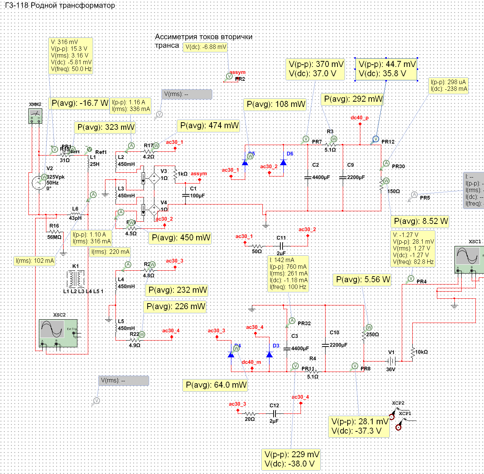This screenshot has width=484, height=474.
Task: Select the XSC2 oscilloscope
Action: pyautogui.click(x=58, y=331)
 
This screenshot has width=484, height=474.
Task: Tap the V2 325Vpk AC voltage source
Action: pyautogui.click(x=39, y=183)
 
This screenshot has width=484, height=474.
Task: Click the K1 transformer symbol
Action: pyautogui.click(x=75, y=278)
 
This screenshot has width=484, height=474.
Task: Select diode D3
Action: pyautogui.click(x=269, y=354)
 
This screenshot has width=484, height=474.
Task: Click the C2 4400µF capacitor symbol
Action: pyautogui.click(x=308, y=178)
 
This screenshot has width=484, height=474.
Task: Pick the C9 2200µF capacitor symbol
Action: pyautogui.click(x=343, y=178)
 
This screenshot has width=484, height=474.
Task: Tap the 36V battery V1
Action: pyautogui.click(x=391, y=361)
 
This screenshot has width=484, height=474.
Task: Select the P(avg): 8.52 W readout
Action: pyautogui.click(x=420, y=221)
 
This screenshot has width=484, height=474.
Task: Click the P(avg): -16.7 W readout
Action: pyautogui.click(x=80, y=104)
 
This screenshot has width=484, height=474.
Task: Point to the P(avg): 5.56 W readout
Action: pyautogui.click(x=362, y=280)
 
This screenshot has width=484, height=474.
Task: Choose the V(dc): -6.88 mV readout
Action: pyautogui.click(x=206, y=47)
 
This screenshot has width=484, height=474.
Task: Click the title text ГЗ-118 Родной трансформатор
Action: pyautogui.click(x=60, y=6)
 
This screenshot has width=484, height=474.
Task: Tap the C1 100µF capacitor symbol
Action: pyautogui.click(x=185, y=195)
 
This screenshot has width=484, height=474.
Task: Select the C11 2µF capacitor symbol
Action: pyautogui.click(x=282, y=246)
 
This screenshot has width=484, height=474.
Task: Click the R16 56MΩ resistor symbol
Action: pyautogui.click(x=55, y=232)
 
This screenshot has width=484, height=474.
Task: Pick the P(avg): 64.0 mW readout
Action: pyautogui.click(x=216, y=385)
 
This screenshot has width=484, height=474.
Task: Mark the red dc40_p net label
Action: pyautogui.click(x=360, y=118)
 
